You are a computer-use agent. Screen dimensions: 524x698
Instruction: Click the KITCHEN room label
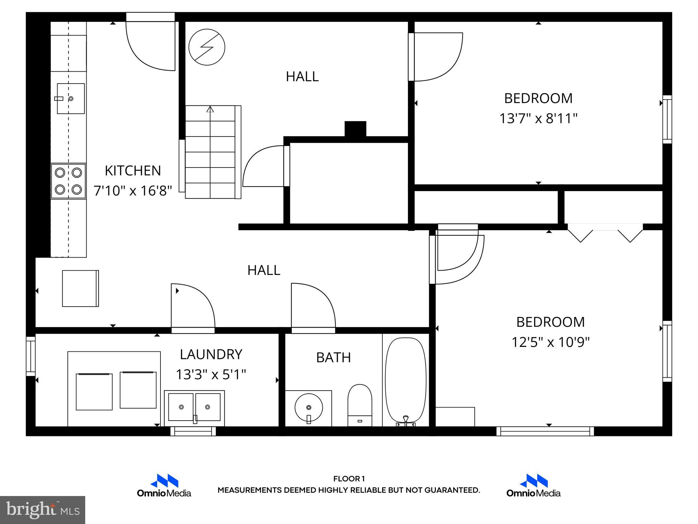[133, 171]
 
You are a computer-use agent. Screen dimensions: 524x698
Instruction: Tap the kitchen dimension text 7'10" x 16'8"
[133, 190]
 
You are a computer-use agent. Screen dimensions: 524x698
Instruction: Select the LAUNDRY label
[211, 354]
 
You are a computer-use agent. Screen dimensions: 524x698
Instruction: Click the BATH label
[333, 358]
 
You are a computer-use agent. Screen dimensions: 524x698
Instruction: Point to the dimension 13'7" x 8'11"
[538, 119]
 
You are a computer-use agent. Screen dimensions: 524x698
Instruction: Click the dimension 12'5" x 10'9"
[550, 342]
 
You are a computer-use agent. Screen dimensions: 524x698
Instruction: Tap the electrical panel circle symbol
[207, 47]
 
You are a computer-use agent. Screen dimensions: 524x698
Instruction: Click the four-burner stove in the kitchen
[69, 181]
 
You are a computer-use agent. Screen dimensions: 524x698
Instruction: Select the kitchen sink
[71, 99]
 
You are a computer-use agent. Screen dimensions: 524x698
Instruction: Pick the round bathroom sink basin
[309, 408]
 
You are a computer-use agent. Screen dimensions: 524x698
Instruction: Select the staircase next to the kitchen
[211, 152]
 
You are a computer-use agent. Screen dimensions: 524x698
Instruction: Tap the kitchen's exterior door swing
[150, 46]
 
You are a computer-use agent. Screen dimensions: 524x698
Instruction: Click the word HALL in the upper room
[302, 76]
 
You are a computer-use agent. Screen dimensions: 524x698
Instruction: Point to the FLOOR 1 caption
[349, 479]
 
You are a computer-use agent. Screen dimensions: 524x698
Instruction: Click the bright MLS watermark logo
[43, 510]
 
